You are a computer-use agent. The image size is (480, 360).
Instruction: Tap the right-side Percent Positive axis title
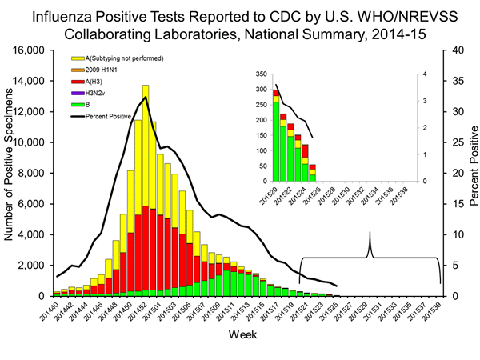472,173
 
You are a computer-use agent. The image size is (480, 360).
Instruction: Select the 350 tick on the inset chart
261,74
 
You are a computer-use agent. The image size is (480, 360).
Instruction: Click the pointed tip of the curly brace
370,233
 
